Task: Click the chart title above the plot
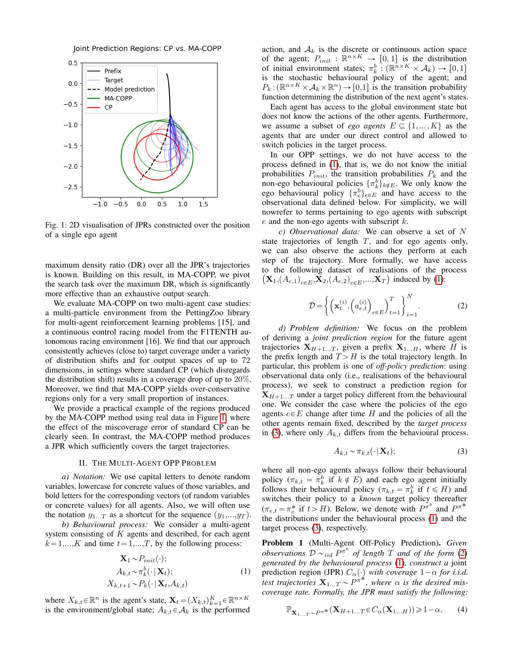147,49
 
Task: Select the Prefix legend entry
113,71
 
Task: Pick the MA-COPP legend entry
118,98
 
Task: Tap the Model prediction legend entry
130,89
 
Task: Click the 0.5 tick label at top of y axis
73,63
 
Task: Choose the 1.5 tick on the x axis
203,204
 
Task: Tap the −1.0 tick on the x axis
100,204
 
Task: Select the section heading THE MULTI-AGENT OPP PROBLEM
147,463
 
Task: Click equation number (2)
462,306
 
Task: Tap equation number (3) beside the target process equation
462,451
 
